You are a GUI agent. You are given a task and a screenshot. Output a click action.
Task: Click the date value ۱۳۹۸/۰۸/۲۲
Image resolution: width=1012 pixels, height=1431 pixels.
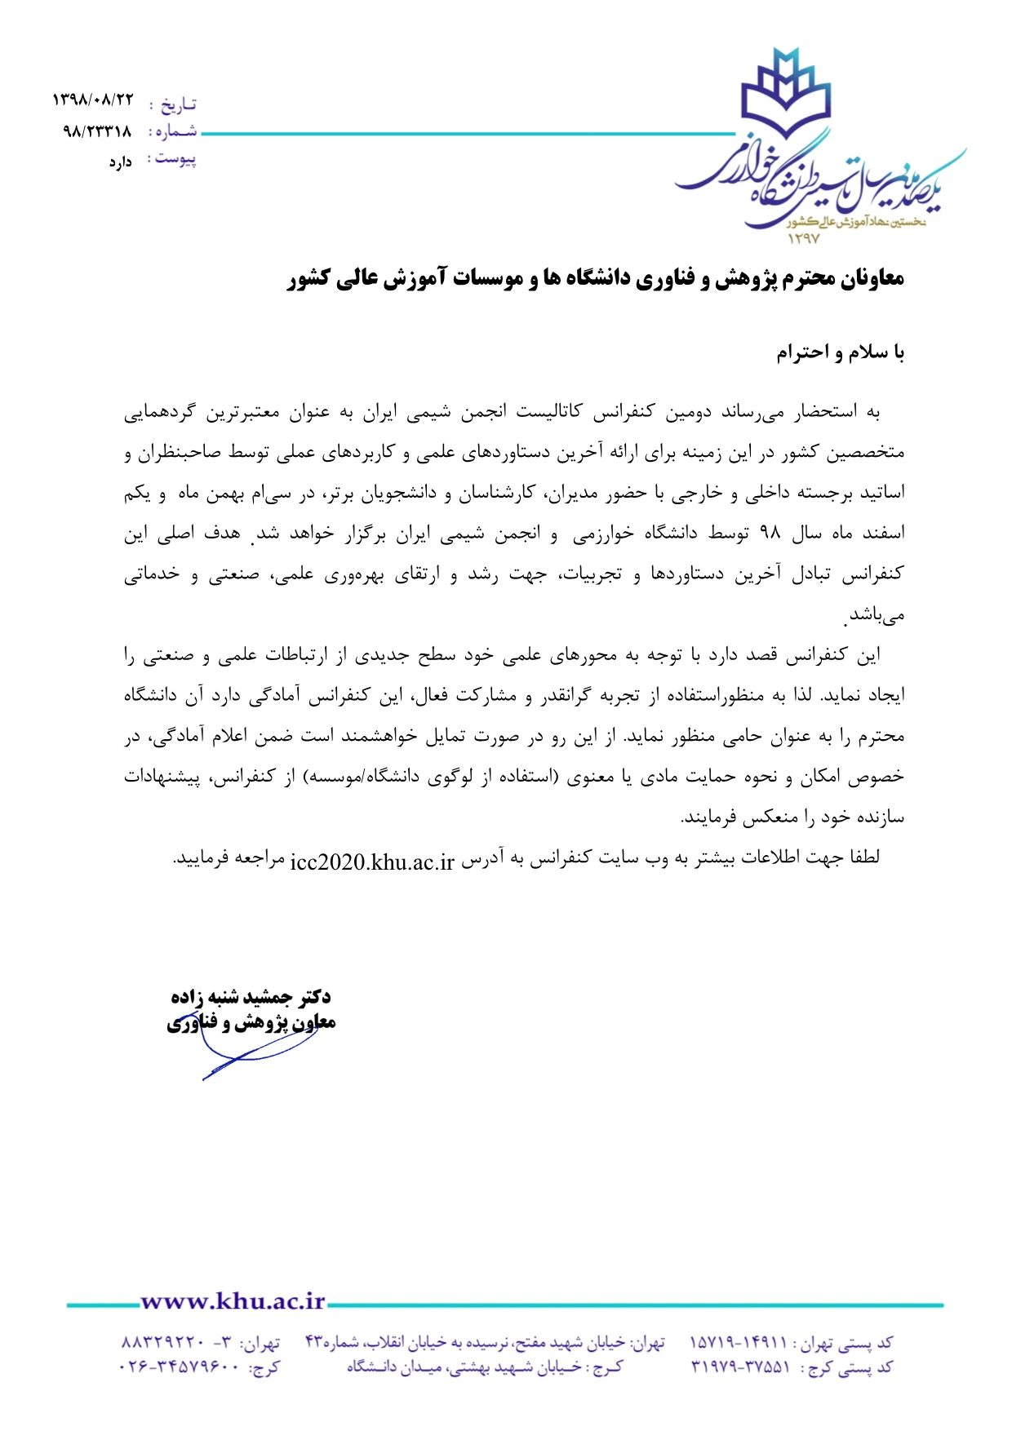(92, 100)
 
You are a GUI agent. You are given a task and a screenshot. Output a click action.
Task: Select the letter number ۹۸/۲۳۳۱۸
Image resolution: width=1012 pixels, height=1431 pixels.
(97, 131)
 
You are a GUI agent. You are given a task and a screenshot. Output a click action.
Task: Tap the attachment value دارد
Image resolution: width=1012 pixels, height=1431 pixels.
(120, 162)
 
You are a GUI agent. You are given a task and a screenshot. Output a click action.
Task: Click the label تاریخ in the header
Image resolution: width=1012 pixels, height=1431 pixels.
(178, 104)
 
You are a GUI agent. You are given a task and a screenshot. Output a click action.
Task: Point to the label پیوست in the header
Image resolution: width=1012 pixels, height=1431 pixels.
(176, 159)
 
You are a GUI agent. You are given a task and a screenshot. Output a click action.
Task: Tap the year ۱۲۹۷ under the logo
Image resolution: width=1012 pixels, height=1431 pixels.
(803, 239)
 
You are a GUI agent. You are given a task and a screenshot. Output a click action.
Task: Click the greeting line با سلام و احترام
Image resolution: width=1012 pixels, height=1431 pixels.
(840, 352)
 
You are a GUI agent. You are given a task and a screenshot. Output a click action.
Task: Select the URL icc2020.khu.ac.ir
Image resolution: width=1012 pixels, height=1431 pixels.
(372, 862)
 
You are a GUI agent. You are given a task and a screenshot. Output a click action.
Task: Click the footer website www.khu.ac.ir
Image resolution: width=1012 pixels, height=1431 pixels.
(233, 1301)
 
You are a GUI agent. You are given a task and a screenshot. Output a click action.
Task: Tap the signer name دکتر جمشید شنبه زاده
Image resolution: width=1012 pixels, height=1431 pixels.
(251, 997)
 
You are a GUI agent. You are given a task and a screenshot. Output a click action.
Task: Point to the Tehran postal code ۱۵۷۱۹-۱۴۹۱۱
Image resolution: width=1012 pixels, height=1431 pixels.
(739, 1342)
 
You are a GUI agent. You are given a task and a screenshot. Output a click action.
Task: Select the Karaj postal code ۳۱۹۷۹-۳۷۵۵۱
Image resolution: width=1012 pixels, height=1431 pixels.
(739, 1367)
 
